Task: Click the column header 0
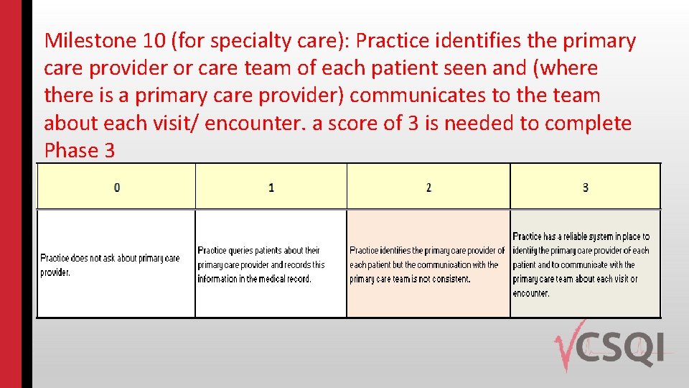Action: point(116,188)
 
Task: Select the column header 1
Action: point(271,188)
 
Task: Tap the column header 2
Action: point(428,188)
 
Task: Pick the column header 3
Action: point(585,188)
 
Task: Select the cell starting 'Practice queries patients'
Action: point(271,264)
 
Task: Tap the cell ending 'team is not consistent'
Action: point(428,264)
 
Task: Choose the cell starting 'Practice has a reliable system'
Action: point(584,264)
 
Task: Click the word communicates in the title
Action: point(418,96)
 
